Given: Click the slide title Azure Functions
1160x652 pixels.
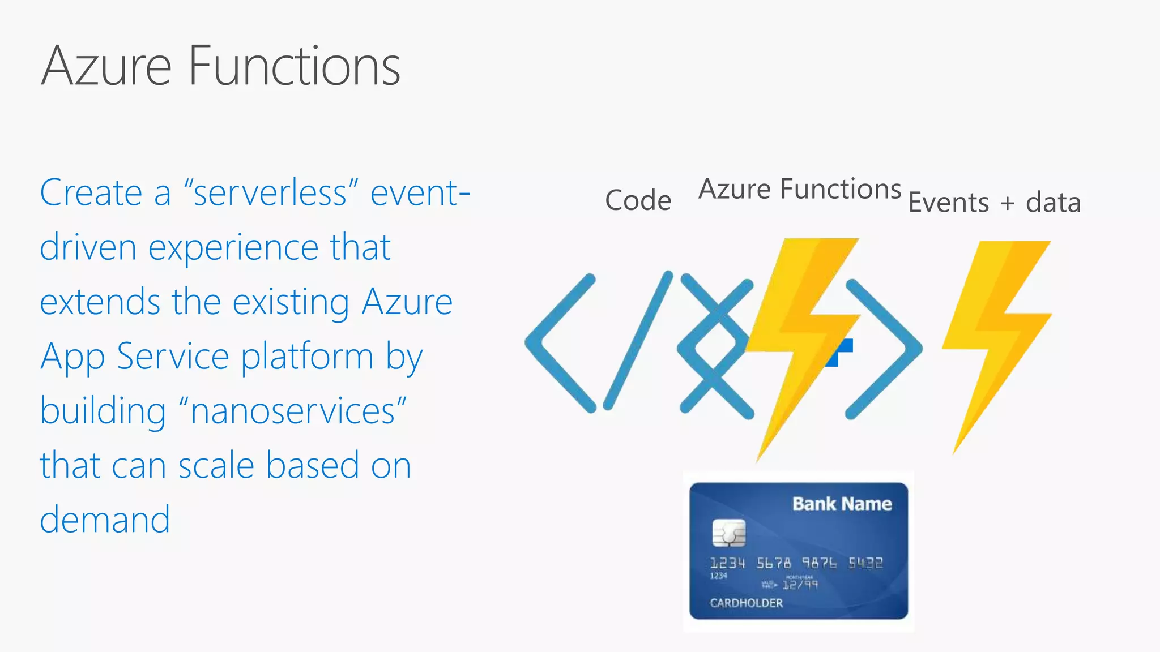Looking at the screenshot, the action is point(221,66).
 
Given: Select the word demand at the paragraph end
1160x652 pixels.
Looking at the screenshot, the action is point(105,520).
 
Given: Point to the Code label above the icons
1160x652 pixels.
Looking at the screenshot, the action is point(638,200).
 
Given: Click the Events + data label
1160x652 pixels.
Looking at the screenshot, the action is point(994,203).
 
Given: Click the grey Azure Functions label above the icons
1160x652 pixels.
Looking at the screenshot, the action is point(799,189).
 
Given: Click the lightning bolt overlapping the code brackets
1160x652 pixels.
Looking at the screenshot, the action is point(804,340).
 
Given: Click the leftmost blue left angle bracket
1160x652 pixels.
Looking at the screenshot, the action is point(558,343).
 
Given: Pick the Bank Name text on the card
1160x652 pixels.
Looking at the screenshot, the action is point(842,504).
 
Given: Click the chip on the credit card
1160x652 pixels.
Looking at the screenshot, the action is point(728,533).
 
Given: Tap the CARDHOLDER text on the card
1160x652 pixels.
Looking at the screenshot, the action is point(746,603).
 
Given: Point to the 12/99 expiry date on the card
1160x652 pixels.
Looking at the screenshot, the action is point(800,584).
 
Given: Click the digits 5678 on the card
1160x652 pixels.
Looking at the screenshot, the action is point(773,563).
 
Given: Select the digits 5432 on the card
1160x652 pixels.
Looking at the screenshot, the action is point(865,563).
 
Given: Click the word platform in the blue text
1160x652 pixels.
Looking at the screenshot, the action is point(307,357).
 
